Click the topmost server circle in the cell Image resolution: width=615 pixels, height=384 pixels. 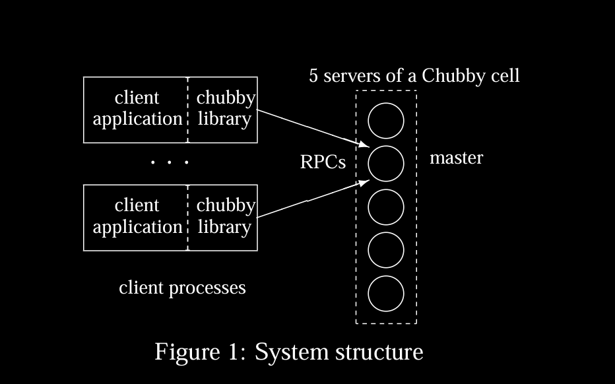[385, 121]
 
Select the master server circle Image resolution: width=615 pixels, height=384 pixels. [385, 164]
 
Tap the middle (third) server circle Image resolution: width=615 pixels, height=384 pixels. [385, 207]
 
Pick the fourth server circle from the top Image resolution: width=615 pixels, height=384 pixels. [385, 250]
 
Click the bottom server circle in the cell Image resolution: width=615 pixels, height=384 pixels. [385, 294]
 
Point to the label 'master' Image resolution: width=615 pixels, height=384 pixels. [456, 158]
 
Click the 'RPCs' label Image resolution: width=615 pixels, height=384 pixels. [323, 162]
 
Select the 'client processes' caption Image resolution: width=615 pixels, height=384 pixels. [182, 288]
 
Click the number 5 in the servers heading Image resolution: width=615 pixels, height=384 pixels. [314, 76]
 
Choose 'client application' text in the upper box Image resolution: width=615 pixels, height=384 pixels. [137, 108]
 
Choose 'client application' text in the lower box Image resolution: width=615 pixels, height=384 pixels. [137, 216]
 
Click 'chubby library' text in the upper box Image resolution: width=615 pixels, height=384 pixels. [225, 108]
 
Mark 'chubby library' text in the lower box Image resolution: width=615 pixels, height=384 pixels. [225, 216]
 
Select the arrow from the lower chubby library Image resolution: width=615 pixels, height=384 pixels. [310, 198]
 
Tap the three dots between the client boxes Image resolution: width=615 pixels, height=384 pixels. [170, 162]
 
